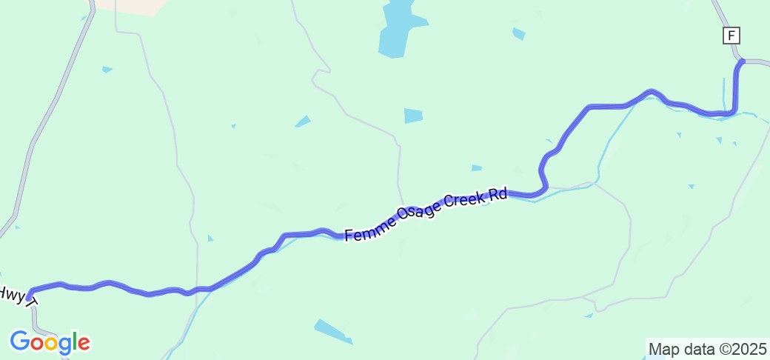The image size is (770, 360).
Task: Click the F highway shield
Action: [x=731, y=36]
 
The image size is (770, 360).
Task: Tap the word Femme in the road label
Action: [x=367, y=230]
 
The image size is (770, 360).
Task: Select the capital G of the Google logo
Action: [x=20, y=341]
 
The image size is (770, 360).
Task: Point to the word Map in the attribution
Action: [x=663, y=348]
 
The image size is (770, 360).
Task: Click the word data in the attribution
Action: [x=697, y=348]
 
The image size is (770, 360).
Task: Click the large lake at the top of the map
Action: [x=396, y=30]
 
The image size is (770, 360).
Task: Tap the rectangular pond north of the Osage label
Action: [x=413, y=116]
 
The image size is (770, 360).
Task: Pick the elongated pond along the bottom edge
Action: [x=333, y=331]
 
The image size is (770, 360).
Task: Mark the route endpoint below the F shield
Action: [x=741, y=62]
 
